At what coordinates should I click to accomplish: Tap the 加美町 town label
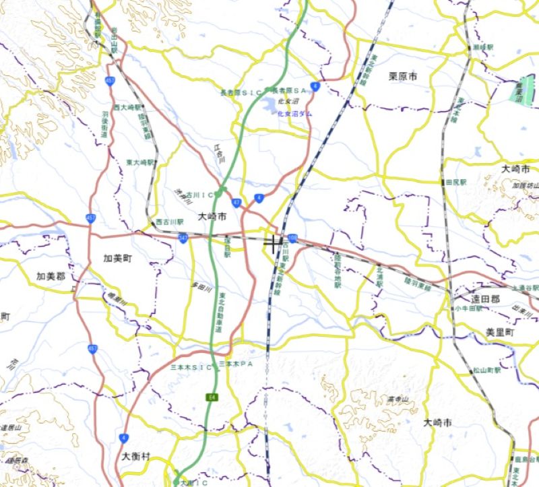click(118, 258)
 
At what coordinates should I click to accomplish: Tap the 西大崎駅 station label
click(127, 107)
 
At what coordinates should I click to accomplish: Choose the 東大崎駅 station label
click(140, 162)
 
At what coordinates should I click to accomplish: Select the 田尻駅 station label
click(455, 183)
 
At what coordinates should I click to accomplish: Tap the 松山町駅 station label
click(485, 371)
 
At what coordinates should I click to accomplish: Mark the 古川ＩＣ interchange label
click(199, 195)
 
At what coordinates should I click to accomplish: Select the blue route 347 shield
click(183, 238)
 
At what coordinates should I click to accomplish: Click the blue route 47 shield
click(236, 202)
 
